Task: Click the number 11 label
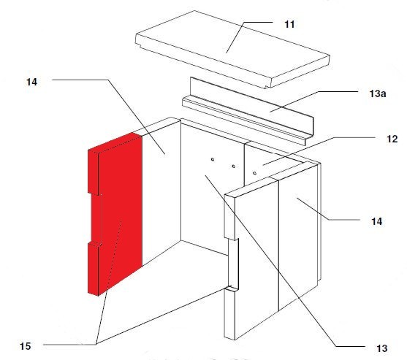click(289, 24)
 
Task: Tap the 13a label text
click(378, 93)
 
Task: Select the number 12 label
click(392, 139)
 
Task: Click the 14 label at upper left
click(31, 82)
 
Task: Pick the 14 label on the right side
click(376, 221)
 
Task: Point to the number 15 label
click(25, 346)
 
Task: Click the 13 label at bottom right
click(382, 348)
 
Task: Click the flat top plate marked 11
click(232, 49)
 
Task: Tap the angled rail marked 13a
click(248, 112)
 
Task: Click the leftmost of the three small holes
click(213, 159)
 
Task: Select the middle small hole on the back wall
click(234, 166)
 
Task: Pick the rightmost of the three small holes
click(254, 173)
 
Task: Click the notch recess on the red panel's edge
click(95, 219)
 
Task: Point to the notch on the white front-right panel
click(233, 264)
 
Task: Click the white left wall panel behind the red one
click(161, 192)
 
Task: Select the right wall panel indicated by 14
click(299, 234)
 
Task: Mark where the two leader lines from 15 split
click(96, 344)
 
